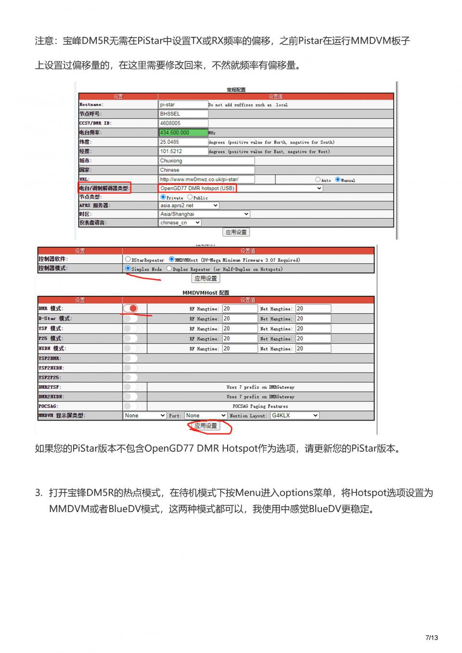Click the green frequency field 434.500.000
(183, 132)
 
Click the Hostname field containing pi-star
(183, 104)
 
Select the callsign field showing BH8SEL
(183, 114)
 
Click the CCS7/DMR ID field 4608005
(183, 123)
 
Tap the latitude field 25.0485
(183, 142)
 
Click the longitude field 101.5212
(183, 151)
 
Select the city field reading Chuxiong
(206, 161)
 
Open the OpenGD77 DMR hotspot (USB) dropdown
(241, 188)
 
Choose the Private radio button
(163, 197)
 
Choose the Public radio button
(190, 197)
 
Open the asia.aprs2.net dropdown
(189, 205)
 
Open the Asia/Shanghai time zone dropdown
(204, 214)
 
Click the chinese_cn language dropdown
(180, 223)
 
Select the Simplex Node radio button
(128, 269)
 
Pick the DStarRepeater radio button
(128, 259)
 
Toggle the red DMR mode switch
(130, 308)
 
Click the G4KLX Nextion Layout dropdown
(294, 415)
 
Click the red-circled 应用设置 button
(206, 426)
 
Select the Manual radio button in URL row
(338, 179)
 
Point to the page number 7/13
(432, 638)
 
